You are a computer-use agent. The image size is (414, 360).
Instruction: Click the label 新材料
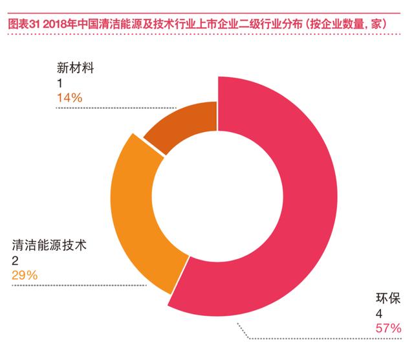click(x=75, y=68)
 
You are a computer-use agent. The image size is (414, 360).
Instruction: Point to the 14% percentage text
click(x=70, y=98)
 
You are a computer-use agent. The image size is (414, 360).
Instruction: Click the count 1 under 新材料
click(x=60, y=84)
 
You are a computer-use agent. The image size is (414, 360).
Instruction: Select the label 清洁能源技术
click(x=49, y=245)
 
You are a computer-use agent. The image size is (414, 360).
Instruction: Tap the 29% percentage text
click(x=25, y=275)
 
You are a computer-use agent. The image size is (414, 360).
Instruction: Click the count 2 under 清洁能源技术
click(x=15, y=261)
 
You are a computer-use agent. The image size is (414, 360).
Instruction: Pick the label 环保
click(x=388, y=298)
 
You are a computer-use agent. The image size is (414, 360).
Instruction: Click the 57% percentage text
click(x=388, y=328)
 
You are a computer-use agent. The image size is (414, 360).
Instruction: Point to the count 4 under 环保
click(x=379, y=314)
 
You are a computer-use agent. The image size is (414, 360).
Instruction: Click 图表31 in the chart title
click(x=24, y=24)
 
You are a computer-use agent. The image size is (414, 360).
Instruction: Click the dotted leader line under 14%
click(x=116, y=108)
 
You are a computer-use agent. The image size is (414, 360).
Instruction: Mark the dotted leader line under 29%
click(x=79, y=285)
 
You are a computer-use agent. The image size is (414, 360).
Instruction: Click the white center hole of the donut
click(x=217, y=196)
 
